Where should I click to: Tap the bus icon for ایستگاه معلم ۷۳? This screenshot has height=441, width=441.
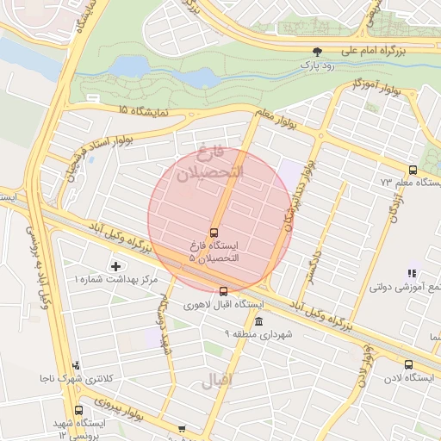413,170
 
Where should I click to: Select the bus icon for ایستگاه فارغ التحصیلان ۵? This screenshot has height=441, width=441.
214,232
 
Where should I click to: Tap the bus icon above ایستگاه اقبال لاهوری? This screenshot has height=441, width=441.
224,291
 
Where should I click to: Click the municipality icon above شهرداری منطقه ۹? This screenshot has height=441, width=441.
258,320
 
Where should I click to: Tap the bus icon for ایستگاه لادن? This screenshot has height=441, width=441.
408,364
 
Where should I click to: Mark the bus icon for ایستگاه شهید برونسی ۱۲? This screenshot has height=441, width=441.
79,410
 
